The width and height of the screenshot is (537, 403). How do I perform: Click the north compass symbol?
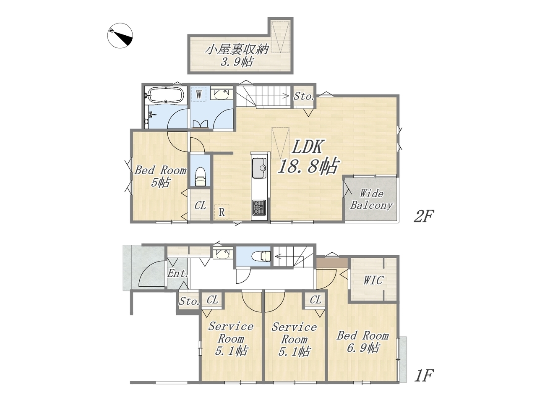click(x=120, y=36)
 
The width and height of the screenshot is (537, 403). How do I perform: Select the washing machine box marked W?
click(x=199, y=94)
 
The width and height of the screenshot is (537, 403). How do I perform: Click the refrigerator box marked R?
click(x=222, y=212)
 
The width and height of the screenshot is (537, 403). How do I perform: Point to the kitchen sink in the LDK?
click(x=260, y=168)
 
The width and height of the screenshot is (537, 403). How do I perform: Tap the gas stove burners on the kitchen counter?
click(x=259, y=208)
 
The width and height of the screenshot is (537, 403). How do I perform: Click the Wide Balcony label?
click(x=371, y=200)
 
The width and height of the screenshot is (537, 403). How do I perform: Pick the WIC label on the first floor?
click(x=373, y=280)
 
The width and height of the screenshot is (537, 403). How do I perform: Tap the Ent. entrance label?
click(x=178, y=273)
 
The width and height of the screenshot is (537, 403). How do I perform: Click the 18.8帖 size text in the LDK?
click(x=309, y=166)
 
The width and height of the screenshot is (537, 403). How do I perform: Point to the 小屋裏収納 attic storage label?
click(x=237, y=49)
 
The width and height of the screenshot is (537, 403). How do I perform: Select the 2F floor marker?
click(x=424, y=217)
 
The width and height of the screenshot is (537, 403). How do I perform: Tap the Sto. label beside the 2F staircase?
click(x=304, y=96)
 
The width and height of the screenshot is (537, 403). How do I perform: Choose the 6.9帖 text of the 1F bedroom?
click(x=363, y=348)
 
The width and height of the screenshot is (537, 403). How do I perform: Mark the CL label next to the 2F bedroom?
click(x=201, y=205)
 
